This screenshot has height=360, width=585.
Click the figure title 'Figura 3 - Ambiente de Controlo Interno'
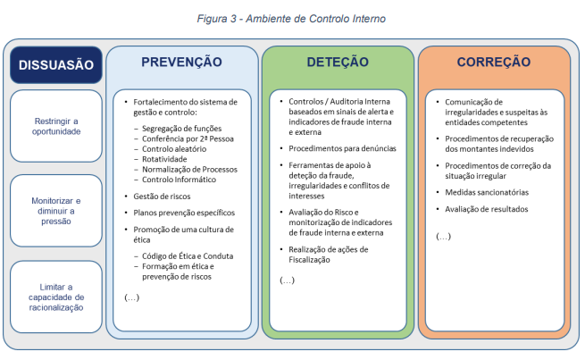pyautogui.click(x=291, y=19)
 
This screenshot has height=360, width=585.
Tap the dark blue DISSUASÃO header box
pyautogui.click(x=56, y=65)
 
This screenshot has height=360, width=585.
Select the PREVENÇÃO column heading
pyautogui.click(x=181, y=62)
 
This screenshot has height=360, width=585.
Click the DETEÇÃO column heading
pyautogui.click(x=338, y=62)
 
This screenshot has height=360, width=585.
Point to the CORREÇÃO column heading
pyautogui.click(x=494, y=62)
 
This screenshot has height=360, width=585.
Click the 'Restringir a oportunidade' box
pyautogui.click(x=56, y=126)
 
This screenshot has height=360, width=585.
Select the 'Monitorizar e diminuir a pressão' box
pyautogui.click(x=56, y=211)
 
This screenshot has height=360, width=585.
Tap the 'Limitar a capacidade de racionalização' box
pyautogui.click(x=56, y=297)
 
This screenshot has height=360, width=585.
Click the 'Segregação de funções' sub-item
pyautogui.click(x=181, y=129)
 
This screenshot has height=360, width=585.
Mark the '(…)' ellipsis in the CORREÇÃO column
pyautogui.click(x=443, y=236)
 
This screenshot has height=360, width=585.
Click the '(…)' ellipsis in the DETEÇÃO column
pyautogui.click(x=287, y=280)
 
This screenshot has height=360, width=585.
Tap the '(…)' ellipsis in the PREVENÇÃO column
pyautogui.click(x=131, y=297)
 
